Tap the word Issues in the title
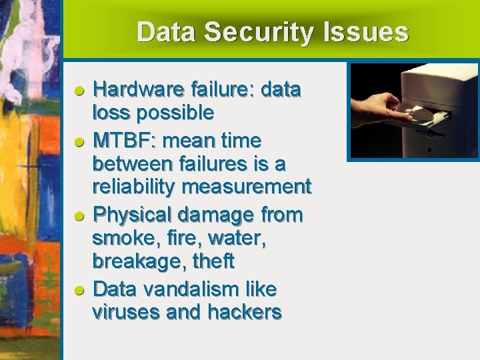(373, 33)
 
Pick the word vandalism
(181, 289)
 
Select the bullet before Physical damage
(79, 216)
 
